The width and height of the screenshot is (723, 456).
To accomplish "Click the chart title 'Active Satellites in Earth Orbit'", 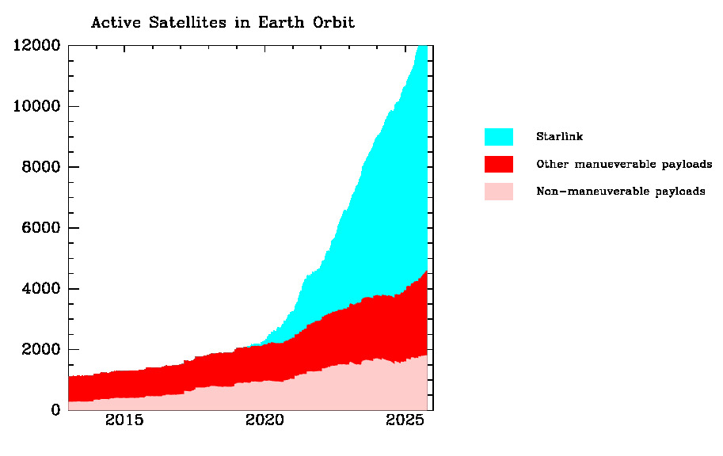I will (x=223, y=22).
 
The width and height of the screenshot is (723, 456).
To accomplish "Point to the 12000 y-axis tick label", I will (x=36, y=45).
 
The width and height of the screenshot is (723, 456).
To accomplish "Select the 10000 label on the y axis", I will (x=36, y=106).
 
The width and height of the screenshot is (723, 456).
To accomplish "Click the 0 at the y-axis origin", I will (x=55, y=410).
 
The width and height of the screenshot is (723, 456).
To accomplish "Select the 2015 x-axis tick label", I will (x=124, y=420).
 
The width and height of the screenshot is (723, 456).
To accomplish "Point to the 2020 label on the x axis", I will (x=264, y=420).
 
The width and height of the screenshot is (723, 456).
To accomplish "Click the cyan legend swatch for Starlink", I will (x=498, y=137).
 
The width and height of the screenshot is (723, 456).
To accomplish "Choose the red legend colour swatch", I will (x=498, y=164).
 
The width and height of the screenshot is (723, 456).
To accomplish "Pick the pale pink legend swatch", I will (x=498, y=192).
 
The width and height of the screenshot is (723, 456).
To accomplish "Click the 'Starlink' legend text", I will (x=559, y=137).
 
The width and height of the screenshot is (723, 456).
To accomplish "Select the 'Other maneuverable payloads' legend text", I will (x=624, y=165).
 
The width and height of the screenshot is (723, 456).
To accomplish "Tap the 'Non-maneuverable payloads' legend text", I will (x=620, y=192).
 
